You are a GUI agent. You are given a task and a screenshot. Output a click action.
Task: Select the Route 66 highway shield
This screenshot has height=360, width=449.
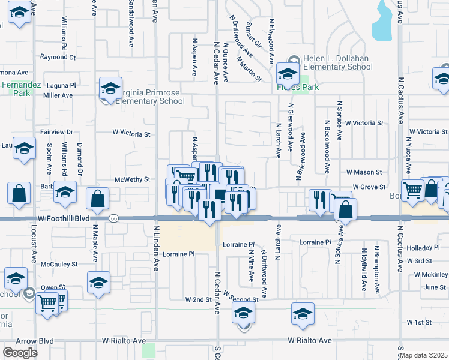114,218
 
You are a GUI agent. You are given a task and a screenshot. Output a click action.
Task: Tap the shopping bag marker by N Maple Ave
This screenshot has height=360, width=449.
97,198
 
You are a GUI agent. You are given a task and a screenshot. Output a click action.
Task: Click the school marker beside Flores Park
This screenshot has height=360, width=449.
287,75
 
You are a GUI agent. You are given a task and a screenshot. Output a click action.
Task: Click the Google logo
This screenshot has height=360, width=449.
19,352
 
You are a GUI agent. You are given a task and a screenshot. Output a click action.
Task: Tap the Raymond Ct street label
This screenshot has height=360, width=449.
58,58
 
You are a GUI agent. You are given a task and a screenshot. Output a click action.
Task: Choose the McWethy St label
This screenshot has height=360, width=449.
132,179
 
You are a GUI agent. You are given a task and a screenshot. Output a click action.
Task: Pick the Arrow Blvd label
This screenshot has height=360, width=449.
28,341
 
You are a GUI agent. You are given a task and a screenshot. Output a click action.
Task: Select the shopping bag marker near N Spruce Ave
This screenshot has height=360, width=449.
345,210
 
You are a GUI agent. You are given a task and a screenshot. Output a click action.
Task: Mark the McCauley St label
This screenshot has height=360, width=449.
55,264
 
